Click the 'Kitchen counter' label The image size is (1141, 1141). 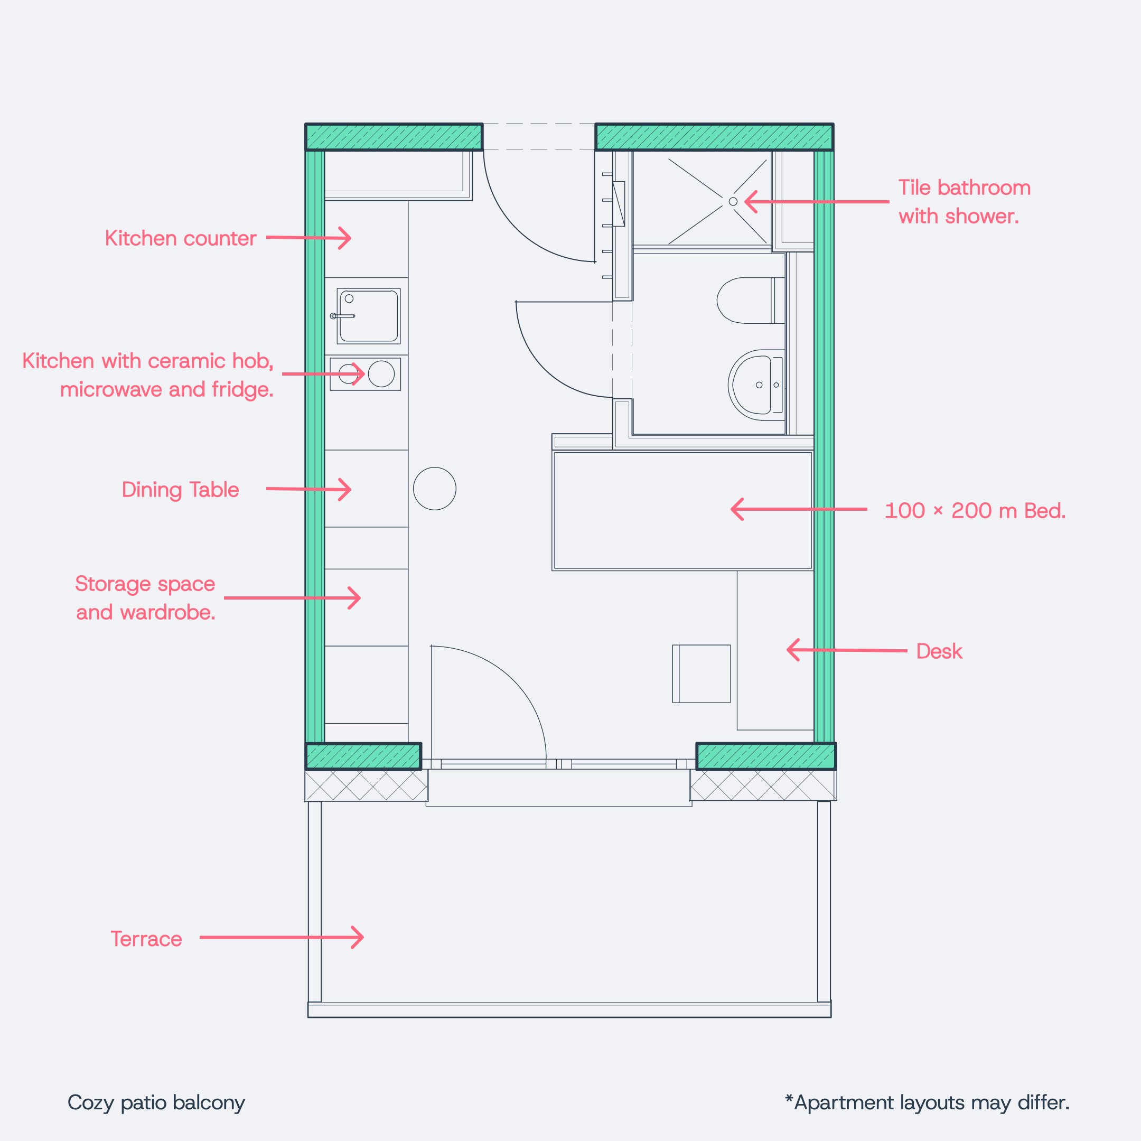point(180,239)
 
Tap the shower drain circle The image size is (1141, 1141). point(733,201)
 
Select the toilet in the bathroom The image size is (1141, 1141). point(751,301)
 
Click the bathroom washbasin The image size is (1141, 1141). point(756,385)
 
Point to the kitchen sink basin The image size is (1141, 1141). point(369,316)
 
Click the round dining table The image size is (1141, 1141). point(435,489)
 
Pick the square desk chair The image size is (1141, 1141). point(702,674)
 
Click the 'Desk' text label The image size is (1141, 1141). point(939,651)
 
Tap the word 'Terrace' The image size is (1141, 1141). point(146,939)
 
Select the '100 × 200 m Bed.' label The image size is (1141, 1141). point(975,511)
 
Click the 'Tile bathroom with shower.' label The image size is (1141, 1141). point(965,202)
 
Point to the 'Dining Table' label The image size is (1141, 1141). point(180,490)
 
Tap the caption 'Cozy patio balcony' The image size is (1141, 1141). point(156,1102)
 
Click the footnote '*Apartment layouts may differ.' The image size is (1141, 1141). point(927,1102)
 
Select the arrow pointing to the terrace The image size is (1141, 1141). point(282,937)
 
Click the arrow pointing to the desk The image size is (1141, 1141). point(847,650)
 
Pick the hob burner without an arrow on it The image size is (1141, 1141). point(381,374)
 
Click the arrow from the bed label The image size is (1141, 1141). point(799,509)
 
